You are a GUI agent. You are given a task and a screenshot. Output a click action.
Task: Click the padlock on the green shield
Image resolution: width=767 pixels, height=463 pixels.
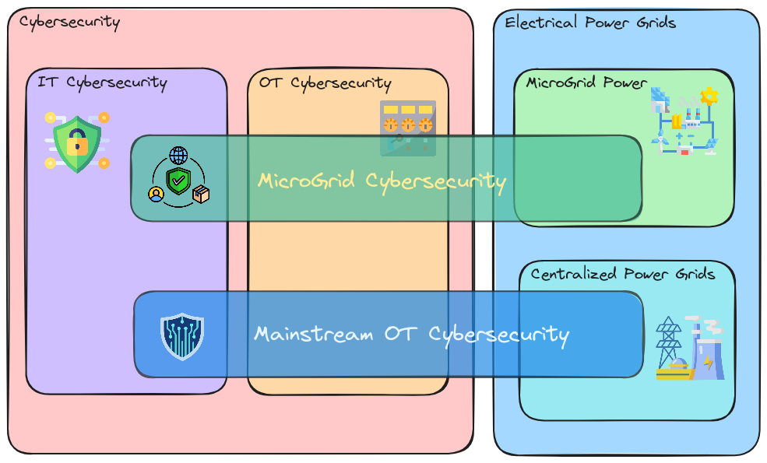click(76, 143)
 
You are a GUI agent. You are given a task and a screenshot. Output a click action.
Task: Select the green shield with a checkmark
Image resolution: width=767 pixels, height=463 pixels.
click(179, 182)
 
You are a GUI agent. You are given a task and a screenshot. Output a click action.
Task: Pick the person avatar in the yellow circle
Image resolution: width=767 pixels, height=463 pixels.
click(157, 194)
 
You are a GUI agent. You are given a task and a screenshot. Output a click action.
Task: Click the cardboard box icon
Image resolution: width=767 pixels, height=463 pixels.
click(202, 194)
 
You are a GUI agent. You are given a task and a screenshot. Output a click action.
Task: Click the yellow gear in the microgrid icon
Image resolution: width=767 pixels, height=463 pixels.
click(709, 96)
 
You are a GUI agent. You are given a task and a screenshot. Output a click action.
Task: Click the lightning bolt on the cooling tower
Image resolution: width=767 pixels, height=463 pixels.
click(708, 363)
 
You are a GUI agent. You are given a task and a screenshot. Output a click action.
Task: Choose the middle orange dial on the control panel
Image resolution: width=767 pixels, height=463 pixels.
click(407, 125)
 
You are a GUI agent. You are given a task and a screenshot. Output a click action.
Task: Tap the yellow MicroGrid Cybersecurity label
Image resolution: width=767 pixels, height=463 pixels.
click(382, 181)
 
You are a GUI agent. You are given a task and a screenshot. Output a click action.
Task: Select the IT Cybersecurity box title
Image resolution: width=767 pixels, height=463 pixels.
click(102, 82)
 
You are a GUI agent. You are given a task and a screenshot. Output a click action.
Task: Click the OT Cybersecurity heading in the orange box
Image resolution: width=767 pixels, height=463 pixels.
click(325, 83)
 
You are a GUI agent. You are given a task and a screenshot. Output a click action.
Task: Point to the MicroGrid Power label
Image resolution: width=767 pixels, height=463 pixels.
click(586, 82)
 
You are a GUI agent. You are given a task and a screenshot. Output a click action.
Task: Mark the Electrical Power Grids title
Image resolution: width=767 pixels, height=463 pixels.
click(590, 23)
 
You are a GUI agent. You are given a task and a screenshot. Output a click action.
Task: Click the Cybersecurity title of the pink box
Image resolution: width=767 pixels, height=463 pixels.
click(69, 22)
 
